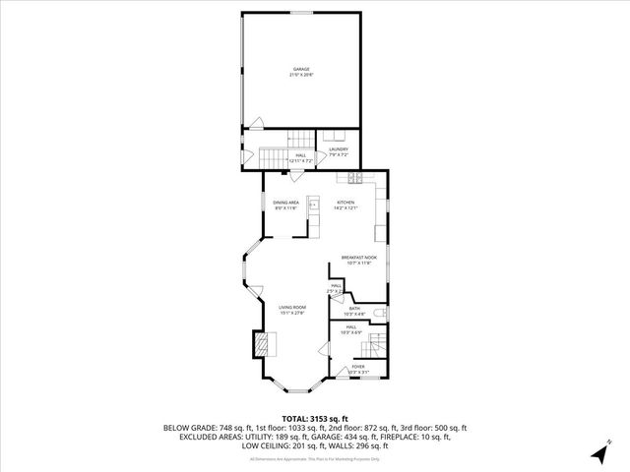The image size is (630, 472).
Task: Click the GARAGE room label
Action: [300, 69]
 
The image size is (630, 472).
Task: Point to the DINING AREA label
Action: [286, 202]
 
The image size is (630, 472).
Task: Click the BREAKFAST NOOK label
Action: [359, 257]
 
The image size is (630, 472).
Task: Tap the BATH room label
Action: [354, 308]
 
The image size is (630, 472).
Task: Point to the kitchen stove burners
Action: [354, 178]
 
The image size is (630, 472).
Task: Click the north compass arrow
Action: [600, 451]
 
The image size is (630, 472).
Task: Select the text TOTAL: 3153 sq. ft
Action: [314, 418]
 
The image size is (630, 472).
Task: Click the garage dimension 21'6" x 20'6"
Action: [300, 75]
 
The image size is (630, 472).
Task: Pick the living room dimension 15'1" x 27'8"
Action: [291, 313]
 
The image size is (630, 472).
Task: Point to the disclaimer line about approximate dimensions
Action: [314, 459]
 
